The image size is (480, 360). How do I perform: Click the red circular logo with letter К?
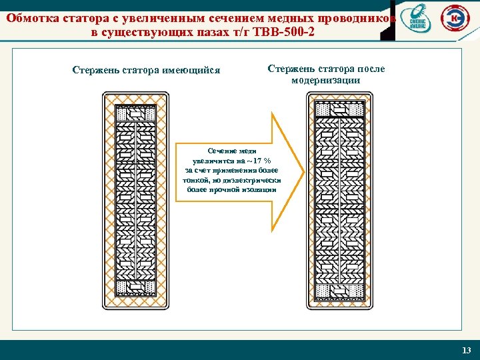pos(456,21)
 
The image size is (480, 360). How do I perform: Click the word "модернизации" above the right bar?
pos(326,80)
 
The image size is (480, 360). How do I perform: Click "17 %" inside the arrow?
pos(260,161)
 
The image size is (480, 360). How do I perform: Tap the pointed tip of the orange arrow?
pos(303,171)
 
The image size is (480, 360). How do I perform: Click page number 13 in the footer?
pos(466,350)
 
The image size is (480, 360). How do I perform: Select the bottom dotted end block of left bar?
pos(135,287)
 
